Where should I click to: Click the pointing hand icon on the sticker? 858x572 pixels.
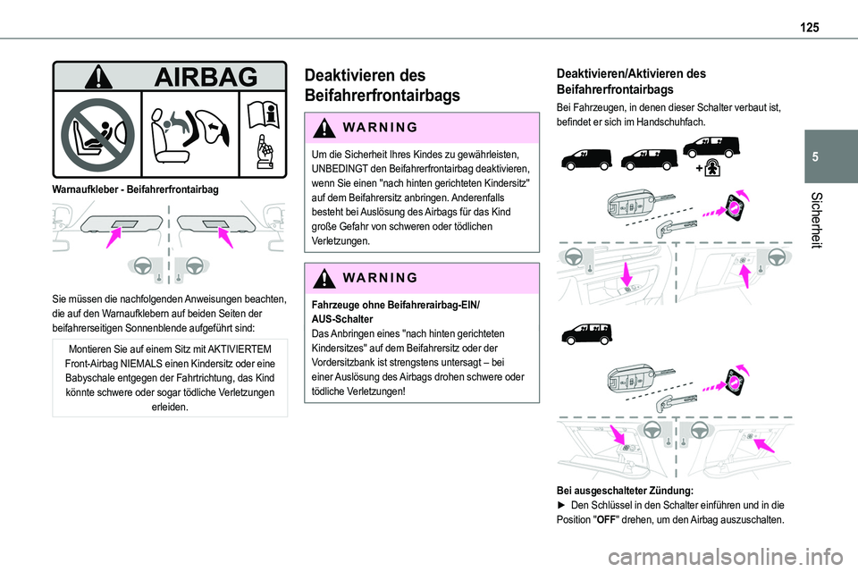coord(264,155)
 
